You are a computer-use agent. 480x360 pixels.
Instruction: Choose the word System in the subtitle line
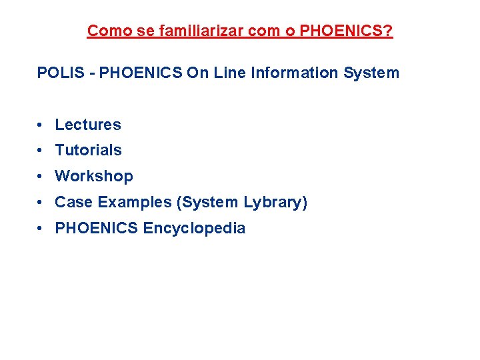pos(371,73)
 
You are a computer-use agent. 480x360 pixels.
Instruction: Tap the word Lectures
pos(88,125)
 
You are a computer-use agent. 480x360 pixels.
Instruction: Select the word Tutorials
pos(88,150)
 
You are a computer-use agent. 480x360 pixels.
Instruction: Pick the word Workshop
pos(94,176)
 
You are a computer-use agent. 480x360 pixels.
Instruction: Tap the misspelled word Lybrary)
pos(275,202)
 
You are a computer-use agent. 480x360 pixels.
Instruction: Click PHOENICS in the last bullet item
pos(97,228)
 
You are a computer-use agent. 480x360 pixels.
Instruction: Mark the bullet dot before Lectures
pos(41,125)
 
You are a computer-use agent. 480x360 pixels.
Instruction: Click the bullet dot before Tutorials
pos(41,151)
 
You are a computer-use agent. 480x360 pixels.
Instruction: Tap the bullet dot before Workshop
pos(41,177)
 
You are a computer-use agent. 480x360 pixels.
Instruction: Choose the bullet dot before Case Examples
pos(41,203)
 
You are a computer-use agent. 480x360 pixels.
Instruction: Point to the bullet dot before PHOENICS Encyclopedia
pos(41,229)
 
